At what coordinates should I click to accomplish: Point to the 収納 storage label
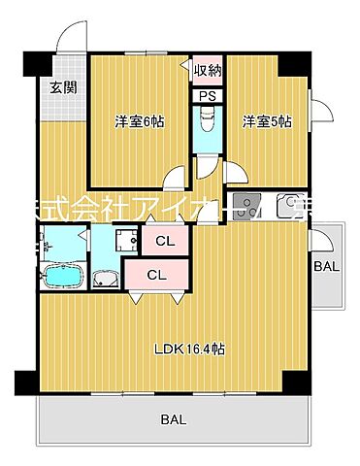point(208,70)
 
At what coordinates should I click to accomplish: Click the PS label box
point(208,96)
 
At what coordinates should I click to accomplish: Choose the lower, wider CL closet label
point(157,275)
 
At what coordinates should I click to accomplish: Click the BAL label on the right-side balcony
point(327,265)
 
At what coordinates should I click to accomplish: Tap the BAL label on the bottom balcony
point(171,419)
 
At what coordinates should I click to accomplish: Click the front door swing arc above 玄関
point(70,37)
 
